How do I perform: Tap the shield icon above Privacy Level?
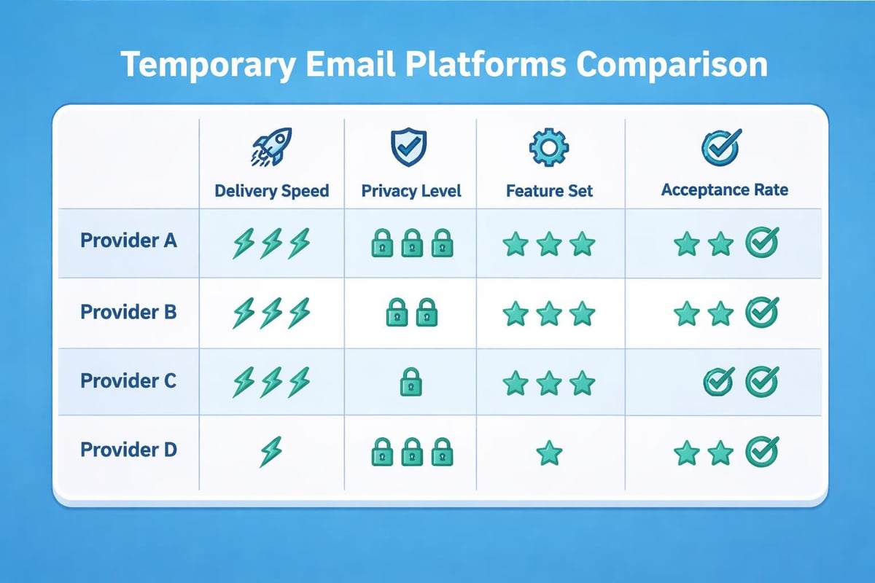pos(406,148)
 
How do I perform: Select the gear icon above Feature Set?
pos(548,148)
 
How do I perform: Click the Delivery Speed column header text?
pos(272,191)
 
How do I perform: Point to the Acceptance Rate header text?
pos(724,190)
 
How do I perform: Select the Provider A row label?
pos(128,240)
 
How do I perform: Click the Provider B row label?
pos(128,312)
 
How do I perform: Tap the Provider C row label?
pos(128,380)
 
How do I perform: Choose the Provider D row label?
pos(128,450)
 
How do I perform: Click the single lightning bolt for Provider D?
pos(271,452)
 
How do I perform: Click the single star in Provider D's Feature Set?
pos(548,453)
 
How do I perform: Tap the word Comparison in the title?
pos(671,65)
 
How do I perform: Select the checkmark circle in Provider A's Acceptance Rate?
pos(762,243)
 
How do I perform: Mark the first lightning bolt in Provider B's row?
pos(243,313)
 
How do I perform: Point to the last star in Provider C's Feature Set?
pos(582,382)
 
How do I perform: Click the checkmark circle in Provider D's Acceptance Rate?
pos(762,452)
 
